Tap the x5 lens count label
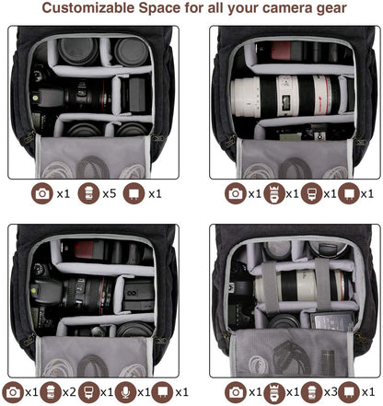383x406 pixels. coord(109,193)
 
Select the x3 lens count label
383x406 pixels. coord(332,391)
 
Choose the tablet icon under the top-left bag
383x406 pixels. coord(134,193)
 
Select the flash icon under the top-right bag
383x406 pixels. coord(311,193)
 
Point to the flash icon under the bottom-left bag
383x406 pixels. coord(89,391)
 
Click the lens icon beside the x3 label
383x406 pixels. coord(312,391)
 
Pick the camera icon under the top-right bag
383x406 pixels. coord(236,193)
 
